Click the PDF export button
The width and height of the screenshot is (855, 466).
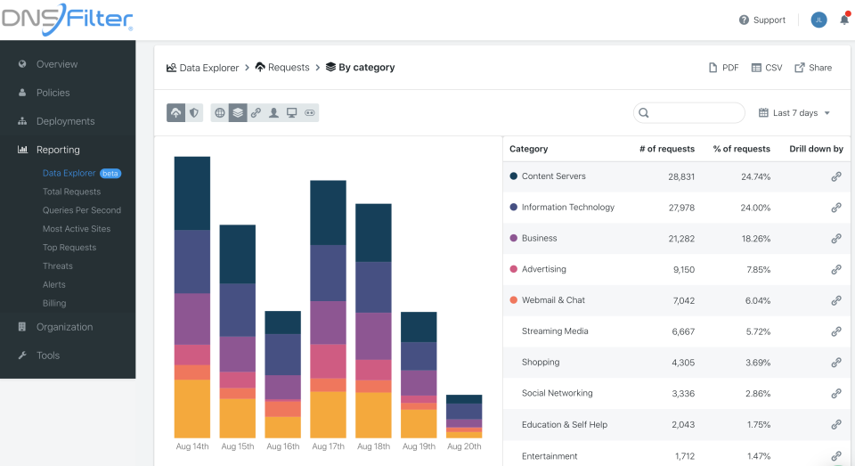[x=723, y=68]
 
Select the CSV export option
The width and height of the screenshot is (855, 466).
[x=766, y=68]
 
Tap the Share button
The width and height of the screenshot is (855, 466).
[x=813, y=68]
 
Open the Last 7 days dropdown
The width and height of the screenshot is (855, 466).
[x=794, y=113]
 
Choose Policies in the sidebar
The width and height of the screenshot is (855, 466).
[x=53, y=93]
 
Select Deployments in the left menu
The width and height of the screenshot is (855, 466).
[x=65, y=121]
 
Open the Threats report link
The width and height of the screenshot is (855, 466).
[x=58, y=266]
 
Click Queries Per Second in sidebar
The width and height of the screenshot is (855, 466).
[x=82, y=210]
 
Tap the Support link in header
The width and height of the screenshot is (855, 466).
[x=762, y=20]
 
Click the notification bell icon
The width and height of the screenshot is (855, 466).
[x=843, y=20]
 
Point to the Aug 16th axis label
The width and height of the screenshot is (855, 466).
[x=282, y=446]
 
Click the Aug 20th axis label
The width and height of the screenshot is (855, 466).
[x=463, y=446]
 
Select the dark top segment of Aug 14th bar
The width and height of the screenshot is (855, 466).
[x=191, y=192]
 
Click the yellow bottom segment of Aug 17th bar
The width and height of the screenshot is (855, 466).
[x=328, y=414]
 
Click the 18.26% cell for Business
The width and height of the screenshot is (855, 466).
[x=755, y=239]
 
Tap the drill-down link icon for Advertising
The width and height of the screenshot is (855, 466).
[x=835, y=269]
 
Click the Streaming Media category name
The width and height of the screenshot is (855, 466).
[x=555, y=331]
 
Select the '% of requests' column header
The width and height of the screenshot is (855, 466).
[x=741, y=149]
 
